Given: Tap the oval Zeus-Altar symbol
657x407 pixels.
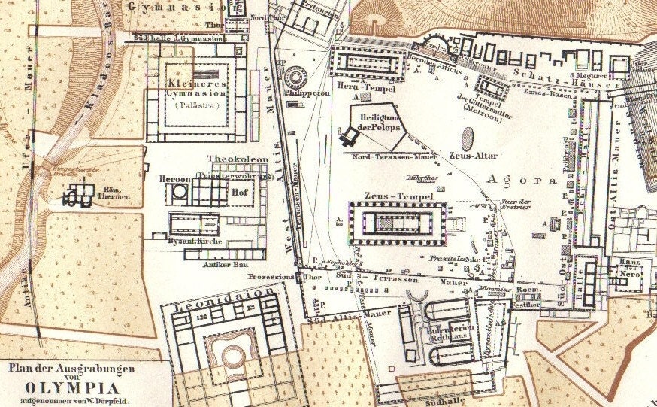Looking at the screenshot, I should tap(468, 139).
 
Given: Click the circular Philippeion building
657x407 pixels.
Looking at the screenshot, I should tap(293, 76).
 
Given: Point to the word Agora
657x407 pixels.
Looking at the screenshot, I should tap(523, 180).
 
